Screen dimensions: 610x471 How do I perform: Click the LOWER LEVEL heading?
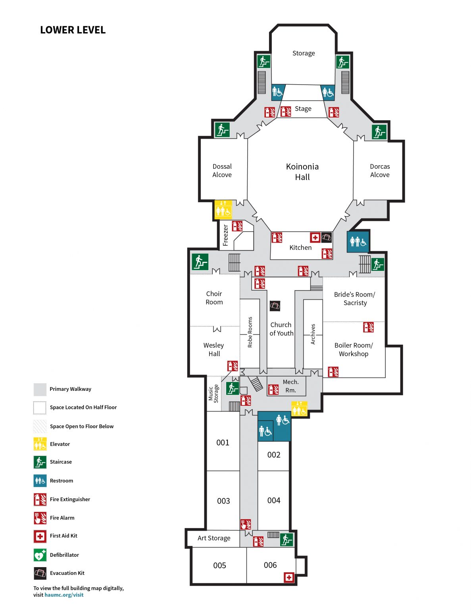(73, 30)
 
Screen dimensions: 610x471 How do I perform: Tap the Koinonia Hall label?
(302, 172)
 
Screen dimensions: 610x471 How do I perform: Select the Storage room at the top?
(304, 53)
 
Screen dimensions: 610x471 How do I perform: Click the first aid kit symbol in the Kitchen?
(315, 237)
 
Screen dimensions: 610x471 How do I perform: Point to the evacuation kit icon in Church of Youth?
(275, 306)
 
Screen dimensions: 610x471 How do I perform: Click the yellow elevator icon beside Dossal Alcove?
(223, 209)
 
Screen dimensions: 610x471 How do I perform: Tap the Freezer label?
(225, 235)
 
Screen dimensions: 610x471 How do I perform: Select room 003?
(223, 501)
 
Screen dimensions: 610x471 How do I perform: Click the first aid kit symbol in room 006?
(289, 577)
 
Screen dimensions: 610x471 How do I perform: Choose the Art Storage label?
(214, 538)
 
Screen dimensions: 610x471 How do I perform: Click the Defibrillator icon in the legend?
(40, 555)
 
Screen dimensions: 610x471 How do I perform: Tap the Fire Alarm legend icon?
(40, 518)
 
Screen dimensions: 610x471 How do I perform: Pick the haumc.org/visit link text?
(64, 595)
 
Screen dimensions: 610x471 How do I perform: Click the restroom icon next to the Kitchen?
(358, 241)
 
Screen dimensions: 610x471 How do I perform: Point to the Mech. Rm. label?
(290, 386)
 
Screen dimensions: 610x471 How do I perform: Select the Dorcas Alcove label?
(380, 170)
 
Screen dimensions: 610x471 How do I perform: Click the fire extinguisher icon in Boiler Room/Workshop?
(368, 327)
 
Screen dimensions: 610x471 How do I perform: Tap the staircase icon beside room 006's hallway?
(286, 539)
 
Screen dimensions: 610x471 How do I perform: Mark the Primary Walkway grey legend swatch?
(40, 390)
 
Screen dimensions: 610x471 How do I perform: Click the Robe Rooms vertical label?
(250, 332)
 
